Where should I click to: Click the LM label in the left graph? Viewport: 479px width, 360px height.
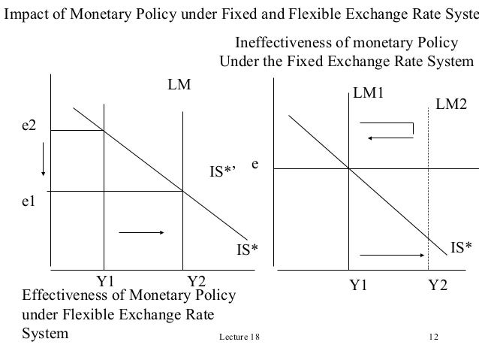(179, 86)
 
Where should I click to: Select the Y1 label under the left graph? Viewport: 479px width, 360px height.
(108, 282)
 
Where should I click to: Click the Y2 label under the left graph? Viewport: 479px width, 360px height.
(197, 282)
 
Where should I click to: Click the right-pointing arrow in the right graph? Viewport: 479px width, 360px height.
(390, 255)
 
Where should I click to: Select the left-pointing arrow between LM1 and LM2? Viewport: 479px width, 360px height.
(390, 136)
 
